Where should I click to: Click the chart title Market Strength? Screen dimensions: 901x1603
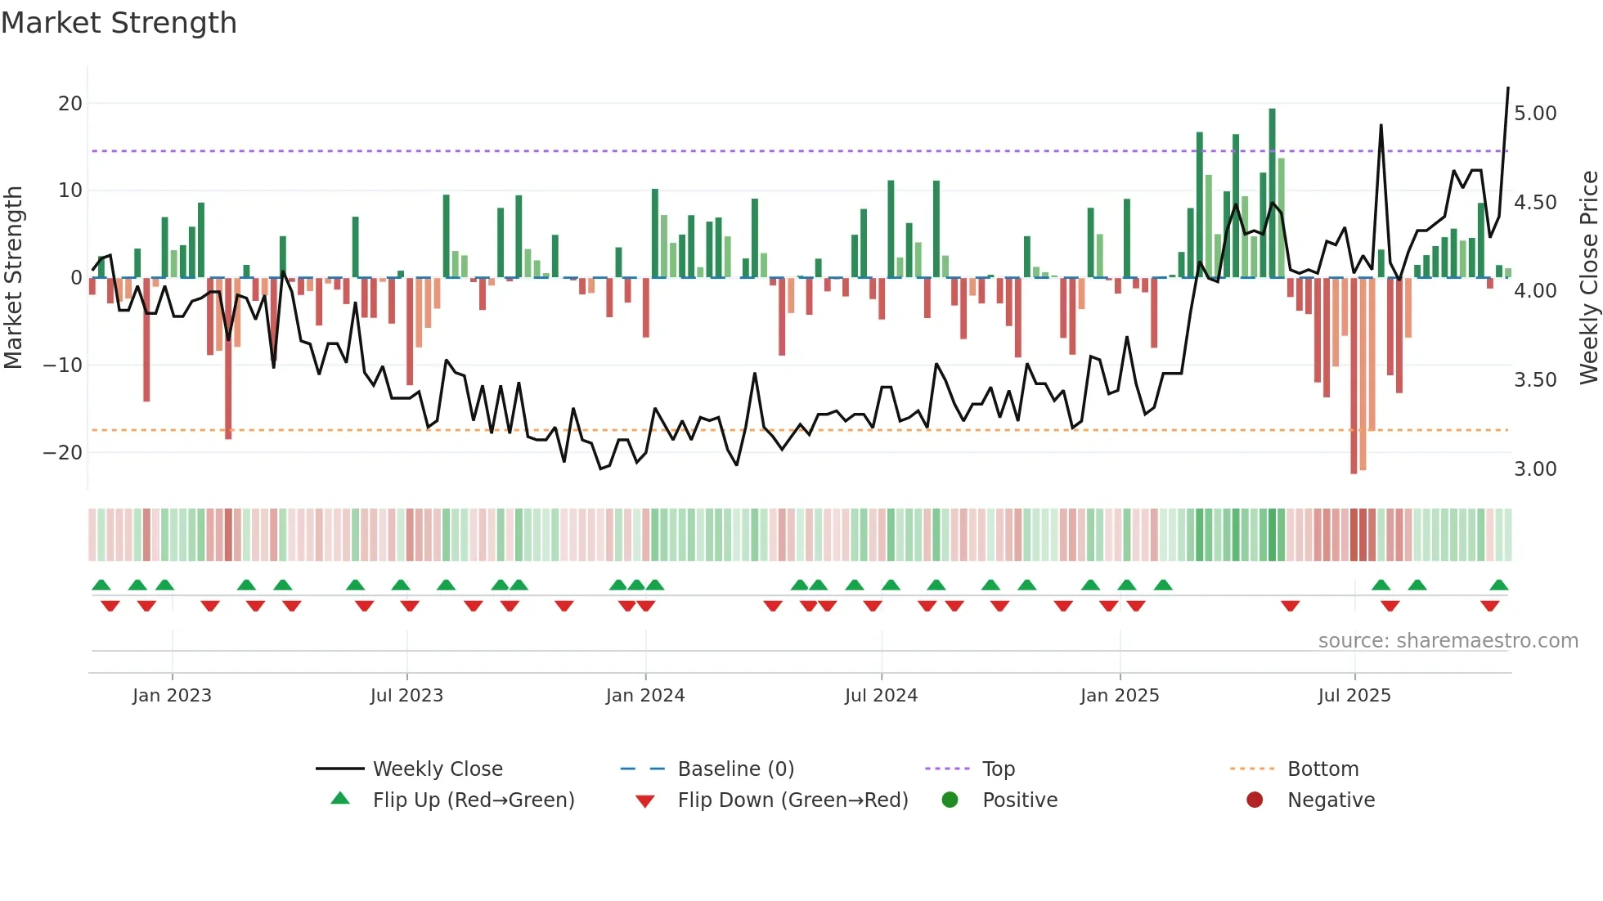tap(119, 23)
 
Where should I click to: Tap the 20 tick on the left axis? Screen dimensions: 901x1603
tap(70, 104)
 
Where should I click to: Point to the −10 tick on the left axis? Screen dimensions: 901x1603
tap(64, 365)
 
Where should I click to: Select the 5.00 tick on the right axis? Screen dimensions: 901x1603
tap(1535, 114)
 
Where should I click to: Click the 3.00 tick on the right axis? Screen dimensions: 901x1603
tap(1535, 469)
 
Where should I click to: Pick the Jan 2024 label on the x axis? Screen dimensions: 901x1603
tap(645, 696)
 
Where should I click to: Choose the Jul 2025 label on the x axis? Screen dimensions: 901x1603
tap(1354, 696)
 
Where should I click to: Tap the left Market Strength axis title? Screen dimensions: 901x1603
tap(13, 278)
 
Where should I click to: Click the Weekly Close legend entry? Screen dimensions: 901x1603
tap(438, 769)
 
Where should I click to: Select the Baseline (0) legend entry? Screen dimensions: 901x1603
tap(735, 769)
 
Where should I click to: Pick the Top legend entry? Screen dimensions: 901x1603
tap(998, 769)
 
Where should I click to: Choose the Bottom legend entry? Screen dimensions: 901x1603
tap(1322, 769)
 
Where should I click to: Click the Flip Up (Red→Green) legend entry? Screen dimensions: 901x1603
tap(474, 800)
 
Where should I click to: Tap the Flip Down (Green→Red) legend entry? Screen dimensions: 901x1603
tap(793, 800)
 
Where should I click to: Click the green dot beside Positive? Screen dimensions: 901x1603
tap(950, 800)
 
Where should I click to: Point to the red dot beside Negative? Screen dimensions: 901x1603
tap(1255, 800)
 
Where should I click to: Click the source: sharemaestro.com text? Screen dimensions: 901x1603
tap(1448, 641)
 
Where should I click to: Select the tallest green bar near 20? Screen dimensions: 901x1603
tap(1273, 193)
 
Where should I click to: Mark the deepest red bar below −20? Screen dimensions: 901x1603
tap(1354, 376)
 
